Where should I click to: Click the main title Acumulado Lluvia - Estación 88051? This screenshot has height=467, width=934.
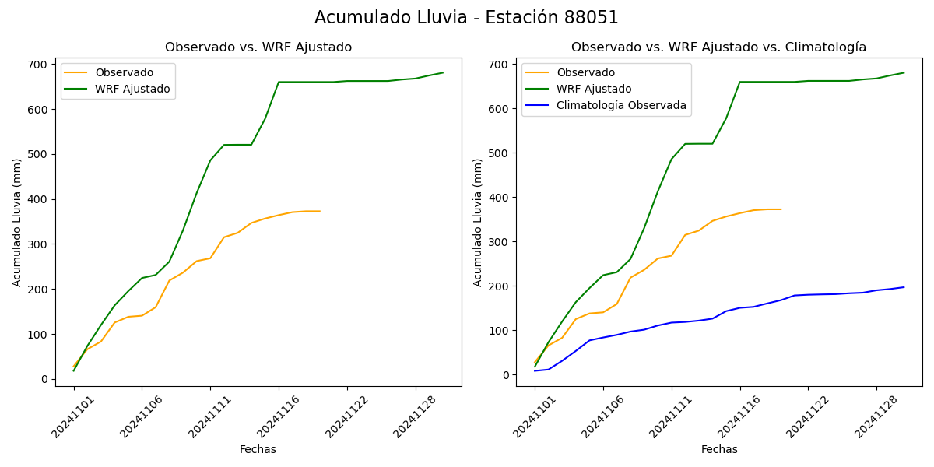[x=466, y=17]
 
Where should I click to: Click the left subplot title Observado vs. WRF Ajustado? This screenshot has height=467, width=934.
[x=258, y=47]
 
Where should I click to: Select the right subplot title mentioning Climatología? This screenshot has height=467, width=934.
[x=718, y=47]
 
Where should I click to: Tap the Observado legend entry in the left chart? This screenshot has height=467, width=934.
[x=124, y=72]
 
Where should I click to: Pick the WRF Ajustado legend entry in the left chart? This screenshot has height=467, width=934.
[x=132, y=89]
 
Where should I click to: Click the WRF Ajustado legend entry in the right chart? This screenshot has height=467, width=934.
[x=594, y=89]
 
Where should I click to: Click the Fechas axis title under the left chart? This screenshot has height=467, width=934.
[x=258, y=449]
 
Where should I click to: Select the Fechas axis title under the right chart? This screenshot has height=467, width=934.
[x=719, y=449]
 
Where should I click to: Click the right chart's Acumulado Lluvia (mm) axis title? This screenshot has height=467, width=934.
[x=478, y=222]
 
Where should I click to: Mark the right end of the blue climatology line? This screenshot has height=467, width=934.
[x=904, y=287]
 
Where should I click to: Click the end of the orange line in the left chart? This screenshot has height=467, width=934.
[x=320, y=211]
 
